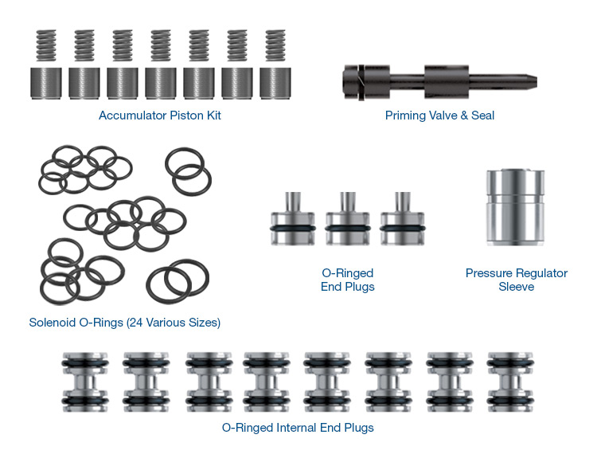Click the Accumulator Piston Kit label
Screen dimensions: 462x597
coord(159,115)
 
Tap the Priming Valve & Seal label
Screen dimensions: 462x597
coord(439,115)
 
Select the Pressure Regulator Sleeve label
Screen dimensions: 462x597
coord(516,280)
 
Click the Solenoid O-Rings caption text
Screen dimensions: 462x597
coord(124,323)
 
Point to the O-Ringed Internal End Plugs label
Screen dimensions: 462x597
coord(298,428)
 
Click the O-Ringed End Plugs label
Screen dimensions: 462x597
coord(348,280)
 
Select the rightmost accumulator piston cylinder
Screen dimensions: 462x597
coord(275,83)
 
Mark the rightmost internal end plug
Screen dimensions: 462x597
coord(509,382)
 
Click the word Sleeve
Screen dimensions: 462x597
coord(516,287)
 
